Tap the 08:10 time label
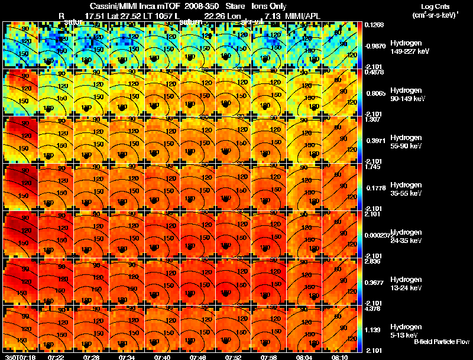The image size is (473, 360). [339, 356]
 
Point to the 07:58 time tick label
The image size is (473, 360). [268, 356]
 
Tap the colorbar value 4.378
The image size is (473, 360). [373, 309]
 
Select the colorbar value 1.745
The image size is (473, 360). [373, 167]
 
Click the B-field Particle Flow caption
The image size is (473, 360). [442, 342]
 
